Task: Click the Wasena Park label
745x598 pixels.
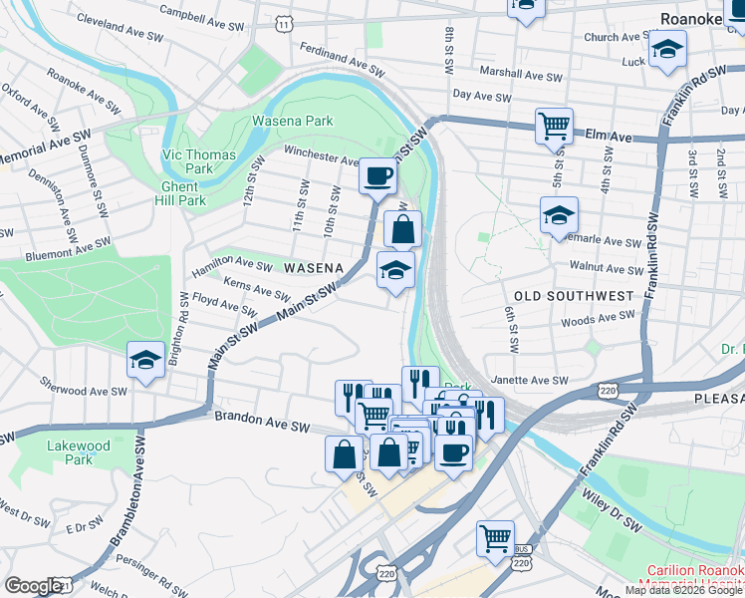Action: click(x=292, y=121)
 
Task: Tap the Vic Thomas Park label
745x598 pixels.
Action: click(x=198, y=161)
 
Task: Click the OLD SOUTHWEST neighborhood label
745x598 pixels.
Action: click(x=573, y=296)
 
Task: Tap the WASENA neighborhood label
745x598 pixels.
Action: click(x=314, y=268)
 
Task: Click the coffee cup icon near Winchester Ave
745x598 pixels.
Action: click(x=377, y=176)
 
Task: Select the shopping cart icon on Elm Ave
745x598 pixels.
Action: click(x=554, y=127)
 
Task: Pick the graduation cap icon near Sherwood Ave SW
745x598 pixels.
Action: click(x=146, y=360)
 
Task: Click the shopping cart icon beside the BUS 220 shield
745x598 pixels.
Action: click(x=495, y=538)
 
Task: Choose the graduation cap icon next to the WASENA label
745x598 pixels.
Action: click(x=395, y=269)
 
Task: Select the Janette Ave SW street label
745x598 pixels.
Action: click(x=529, y=381)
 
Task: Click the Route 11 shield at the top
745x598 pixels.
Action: click(x=286, y=23)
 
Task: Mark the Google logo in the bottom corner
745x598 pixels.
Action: click(x=32, y=586)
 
